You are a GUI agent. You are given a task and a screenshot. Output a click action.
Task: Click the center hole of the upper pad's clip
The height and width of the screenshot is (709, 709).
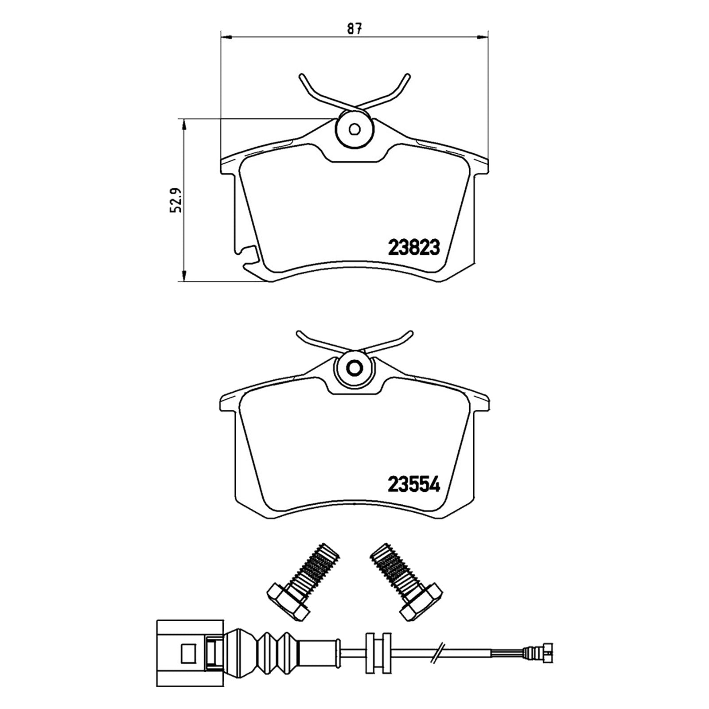[354, 129]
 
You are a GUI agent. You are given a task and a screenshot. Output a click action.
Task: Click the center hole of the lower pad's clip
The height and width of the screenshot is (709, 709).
[354, 368]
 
